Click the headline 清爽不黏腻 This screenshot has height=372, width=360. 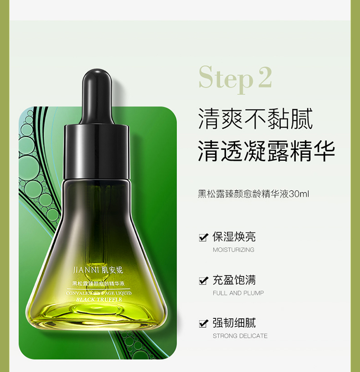255,119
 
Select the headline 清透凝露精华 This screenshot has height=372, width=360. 266,151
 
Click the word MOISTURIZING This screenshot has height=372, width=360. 233,250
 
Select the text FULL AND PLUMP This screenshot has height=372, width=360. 238,293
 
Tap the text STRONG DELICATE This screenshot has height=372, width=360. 240,336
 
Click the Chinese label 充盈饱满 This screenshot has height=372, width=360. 234,280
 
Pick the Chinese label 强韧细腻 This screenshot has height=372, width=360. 234,323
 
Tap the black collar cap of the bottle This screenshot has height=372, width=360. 96,152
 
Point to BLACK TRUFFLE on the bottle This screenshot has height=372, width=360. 99,300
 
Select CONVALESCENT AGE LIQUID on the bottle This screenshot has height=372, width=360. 98,293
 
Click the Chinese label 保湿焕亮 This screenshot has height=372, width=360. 234,237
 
